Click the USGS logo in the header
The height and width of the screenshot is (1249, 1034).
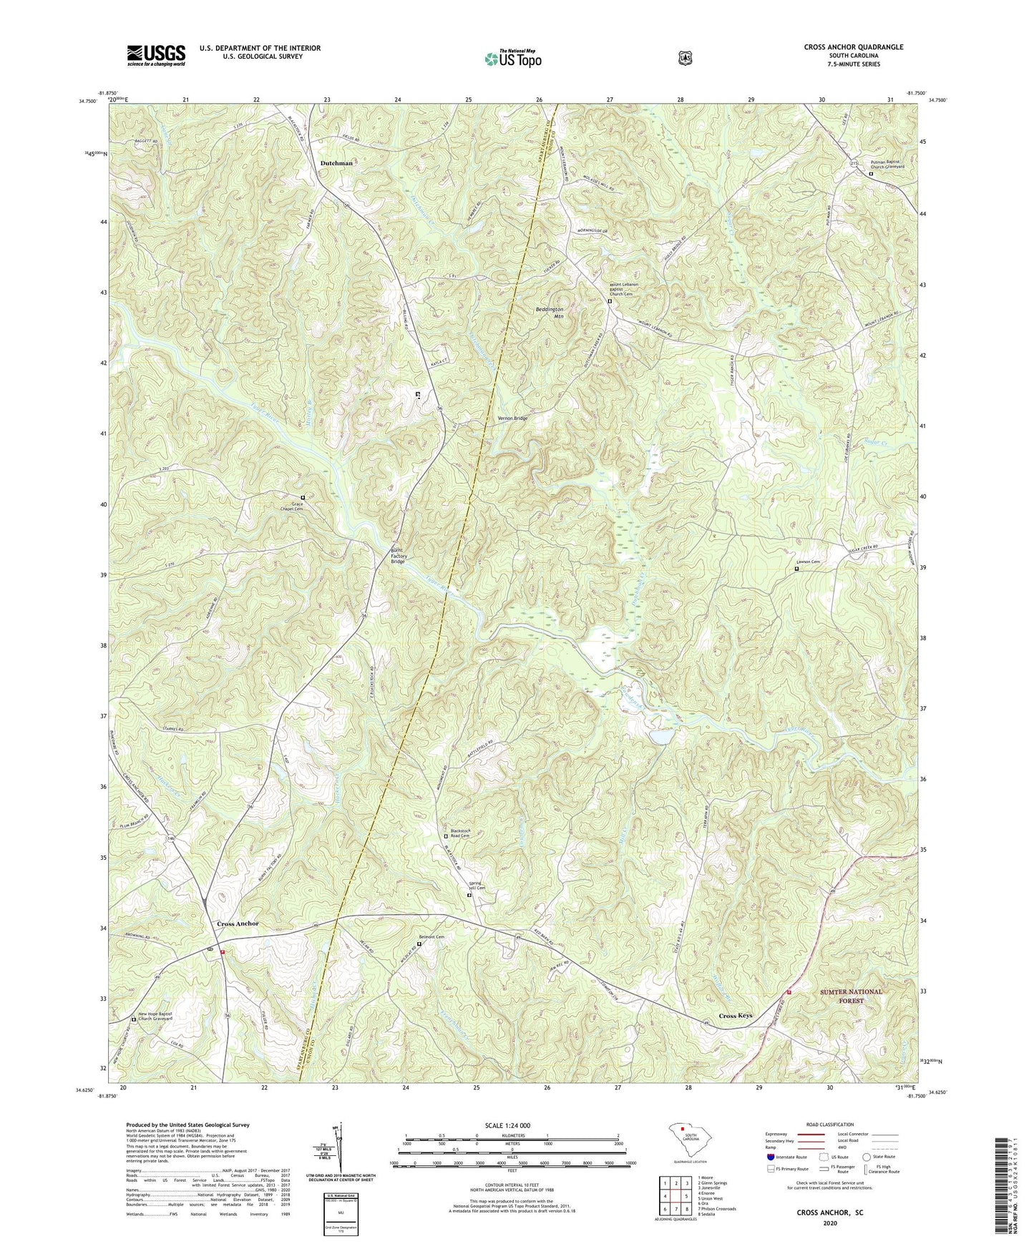pos(156,55)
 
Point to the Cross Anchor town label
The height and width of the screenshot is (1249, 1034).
pos(238,924)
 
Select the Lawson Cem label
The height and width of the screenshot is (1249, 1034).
pos(807,562)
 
